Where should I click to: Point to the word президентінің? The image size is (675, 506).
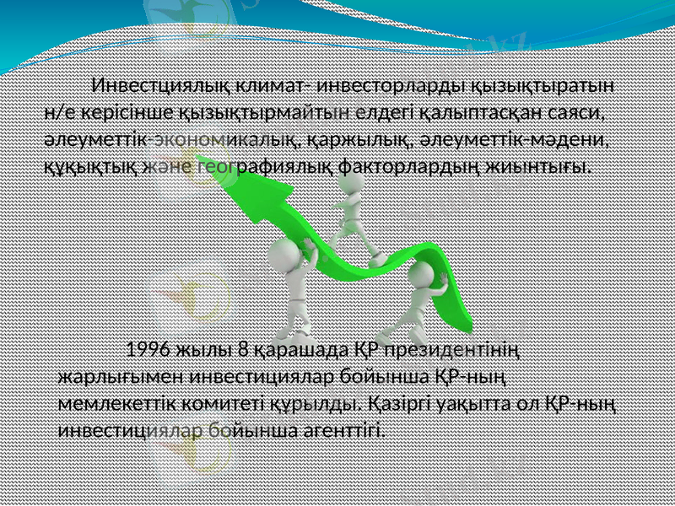click(454, 350)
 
